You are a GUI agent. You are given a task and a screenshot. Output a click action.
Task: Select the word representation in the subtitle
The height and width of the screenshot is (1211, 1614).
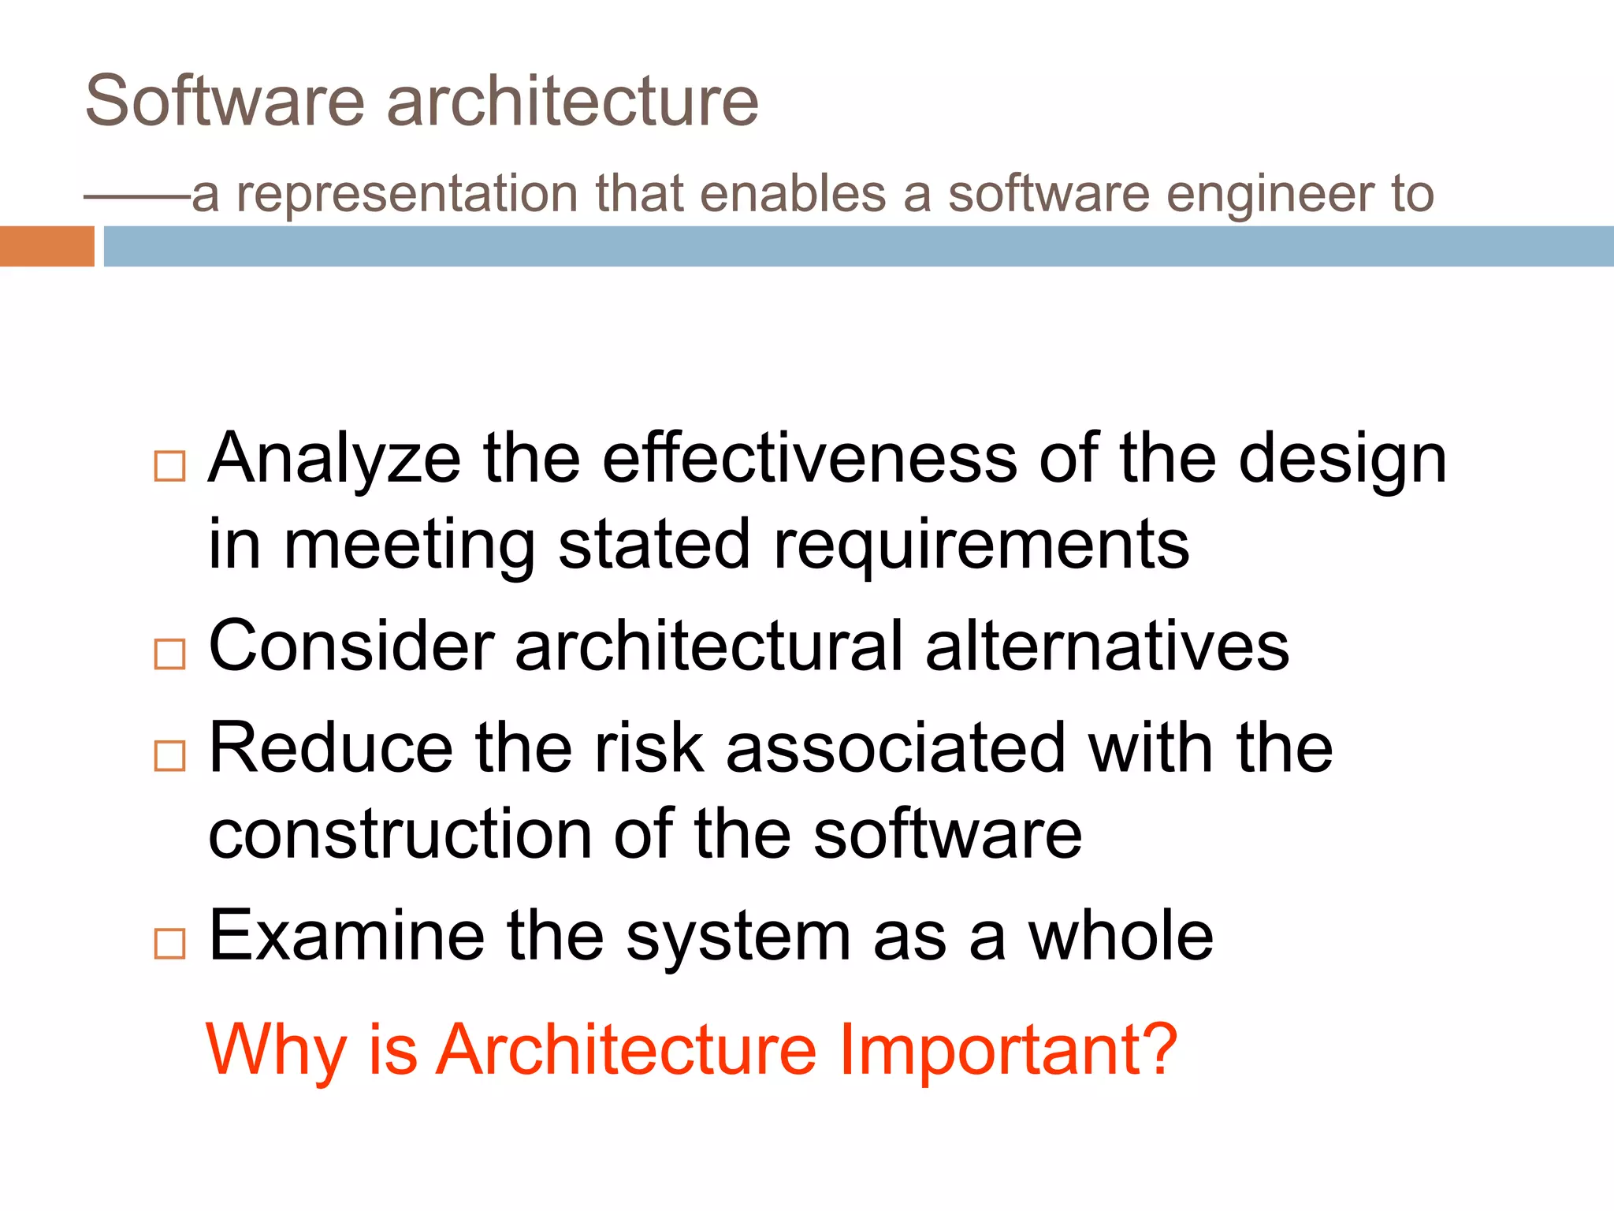407,194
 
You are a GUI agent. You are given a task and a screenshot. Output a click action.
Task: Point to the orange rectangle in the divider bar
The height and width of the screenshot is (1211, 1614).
46,246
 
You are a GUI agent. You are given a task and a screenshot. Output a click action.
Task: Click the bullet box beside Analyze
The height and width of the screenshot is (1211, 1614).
169,467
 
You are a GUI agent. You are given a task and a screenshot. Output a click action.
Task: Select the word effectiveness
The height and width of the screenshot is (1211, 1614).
809,458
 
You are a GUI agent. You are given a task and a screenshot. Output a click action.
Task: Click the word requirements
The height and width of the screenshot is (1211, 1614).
981,546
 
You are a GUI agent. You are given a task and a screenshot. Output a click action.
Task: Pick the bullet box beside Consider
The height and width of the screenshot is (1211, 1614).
169,654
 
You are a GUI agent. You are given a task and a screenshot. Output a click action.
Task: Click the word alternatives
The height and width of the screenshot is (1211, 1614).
1106,646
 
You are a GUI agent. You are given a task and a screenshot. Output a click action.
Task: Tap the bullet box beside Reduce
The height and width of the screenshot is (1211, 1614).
169,756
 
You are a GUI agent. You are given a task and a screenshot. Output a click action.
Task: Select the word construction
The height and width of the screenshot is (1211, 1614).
400,834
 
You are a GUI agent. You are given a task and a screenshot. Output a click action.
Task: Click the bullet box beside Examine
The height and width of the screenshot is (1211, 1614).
169,944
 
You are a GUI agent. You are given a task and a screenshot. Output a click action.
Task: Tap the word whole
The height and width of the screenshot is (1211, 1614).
1121,935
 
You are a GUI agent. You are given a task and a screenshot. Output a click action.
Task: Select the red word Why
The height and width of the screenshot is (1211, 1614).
276,1051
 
